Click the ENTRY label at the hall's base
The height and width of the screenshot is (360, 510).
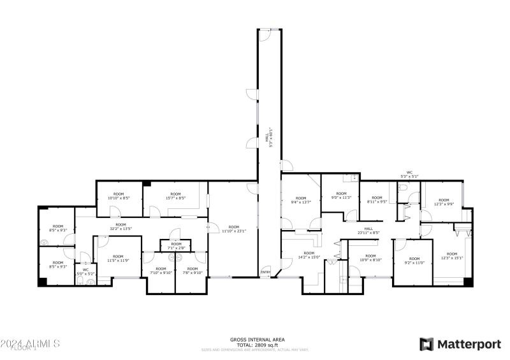265,273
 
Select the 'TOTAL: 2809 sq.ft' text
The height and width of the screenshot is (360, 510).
258,345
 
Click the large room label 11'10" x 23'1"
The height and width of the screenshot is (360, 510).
234,229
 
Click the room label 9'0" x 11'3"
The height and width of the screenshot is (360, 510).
341,196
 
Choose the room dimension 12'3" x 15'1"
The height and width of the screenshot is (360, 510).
451,256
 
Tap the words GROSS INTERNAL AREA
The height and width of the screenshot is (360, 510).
258,340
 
